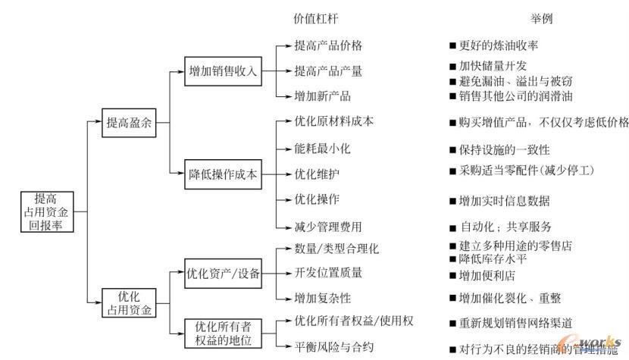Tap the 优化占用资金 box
pyautogui.click(x=127, y=302)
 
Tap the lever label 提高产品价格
pyautogui.click(x=328, y=46)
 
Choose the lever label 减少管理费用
pyautogui.click(x=328, y=226)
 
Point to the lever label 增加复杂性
pyautogui.click(x=323, y=297)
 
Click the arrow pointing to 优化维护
pyautogui.click(x=282, y=174)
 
